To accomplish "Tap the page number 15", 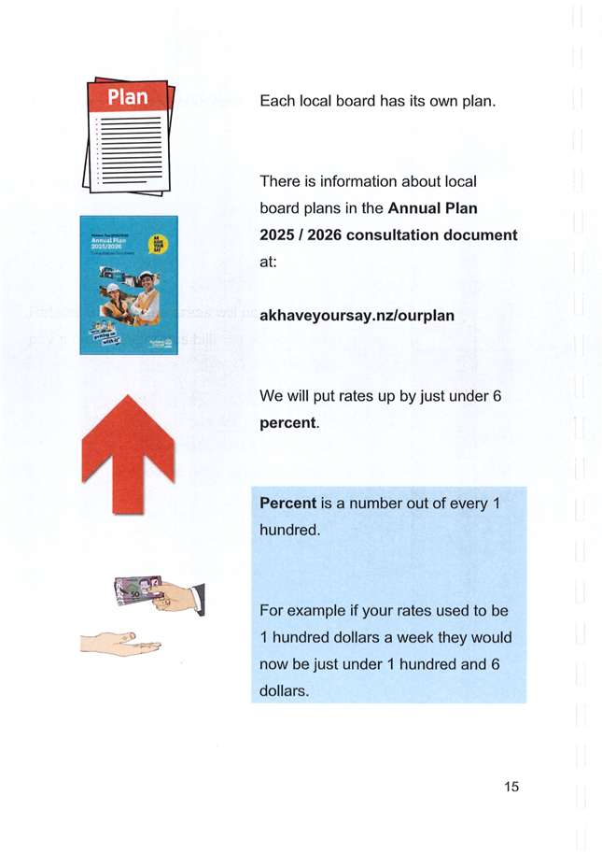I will point(511,787).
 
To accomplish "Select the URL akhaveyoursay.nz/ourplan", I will point(357,316).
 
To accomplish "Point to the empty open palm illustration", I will point(119,642).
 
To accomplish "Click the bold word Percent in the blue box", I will point(287,504).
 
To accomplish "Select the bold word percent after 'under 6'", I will point(287,423).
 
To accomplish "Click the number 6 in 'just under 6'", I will point(497,397).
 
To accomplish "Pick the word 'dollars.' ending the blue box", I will point(285,692).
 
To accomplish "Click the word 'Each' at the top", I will point(277,100).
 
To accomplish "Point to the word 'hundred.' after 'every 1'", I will point(289,531).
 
